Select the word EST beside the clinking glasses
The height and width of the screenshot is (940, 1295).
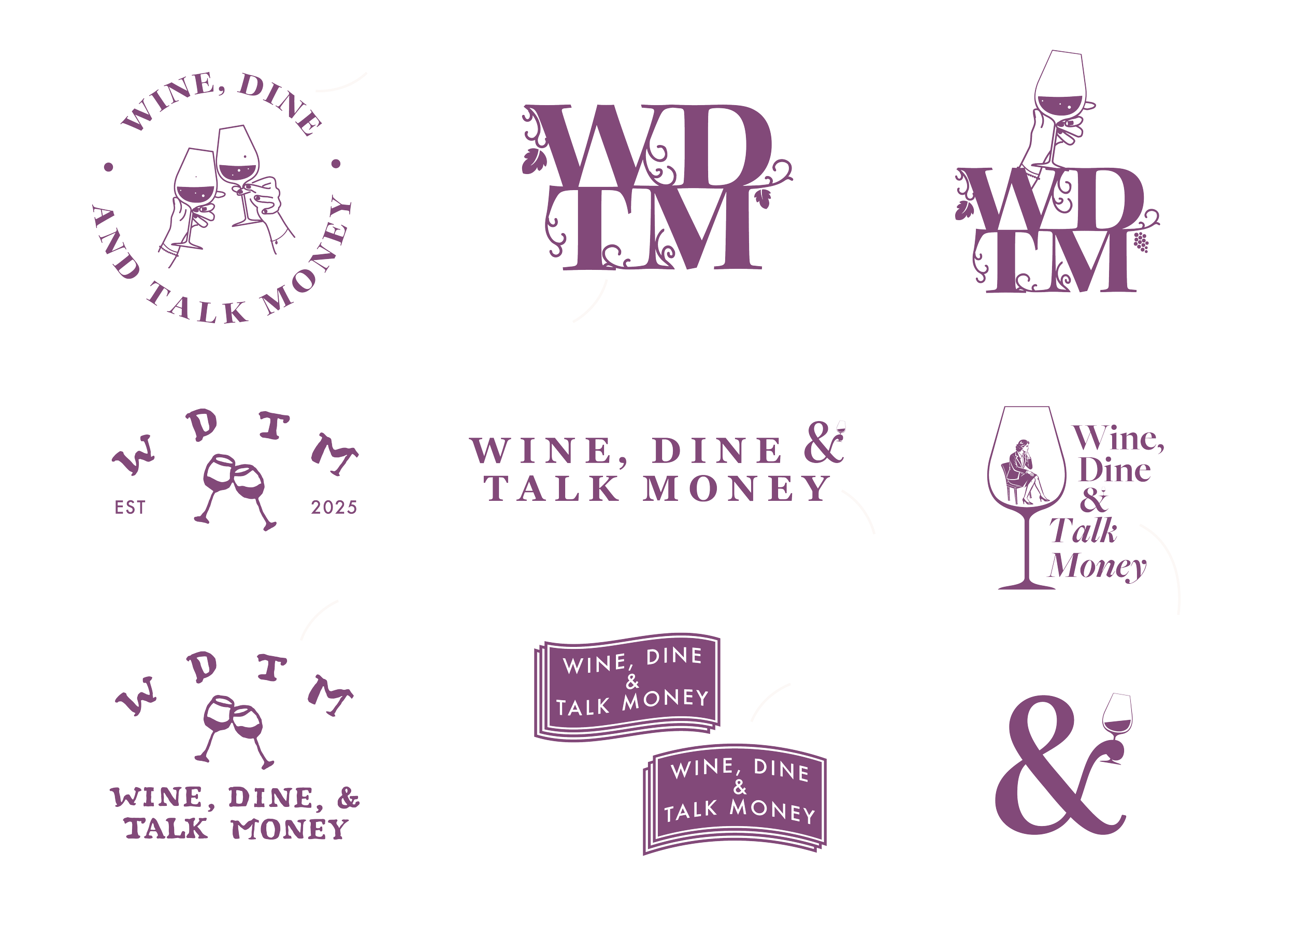130,507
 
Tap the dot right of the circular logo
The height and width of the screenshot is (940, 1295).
336,164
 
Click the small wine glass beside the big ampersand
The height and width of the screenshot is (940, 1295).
1116,717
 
